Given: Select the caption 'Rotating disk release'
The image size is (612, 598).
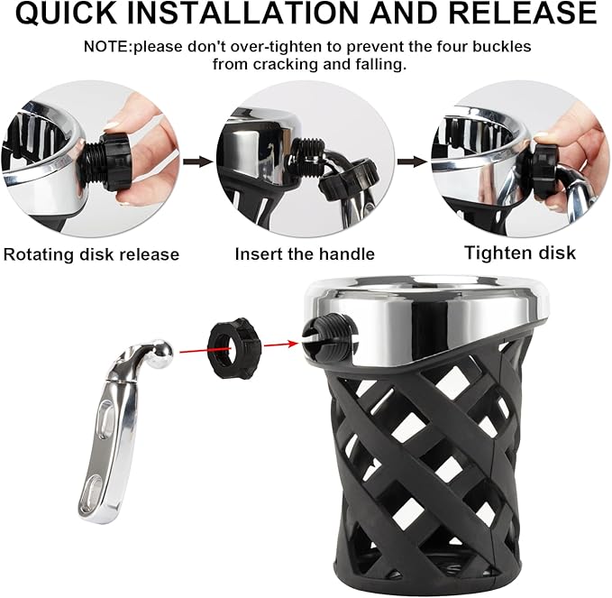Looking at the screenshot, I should [91, 253].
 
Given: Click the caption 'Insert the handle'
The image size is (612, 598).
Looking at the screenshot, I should [305, 253].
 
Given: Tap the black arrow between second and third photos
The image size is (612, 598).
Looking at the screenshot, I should [413, 162].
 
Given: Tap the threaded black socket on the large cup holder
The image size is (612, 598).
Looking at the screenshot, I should [325, 335].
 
